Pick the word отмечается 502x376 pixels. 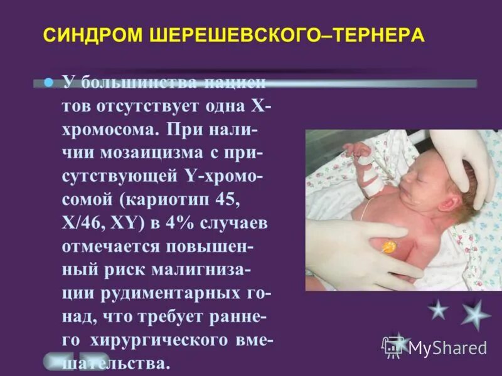[122, 246]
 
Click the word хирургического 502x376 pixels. [173, 340]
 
